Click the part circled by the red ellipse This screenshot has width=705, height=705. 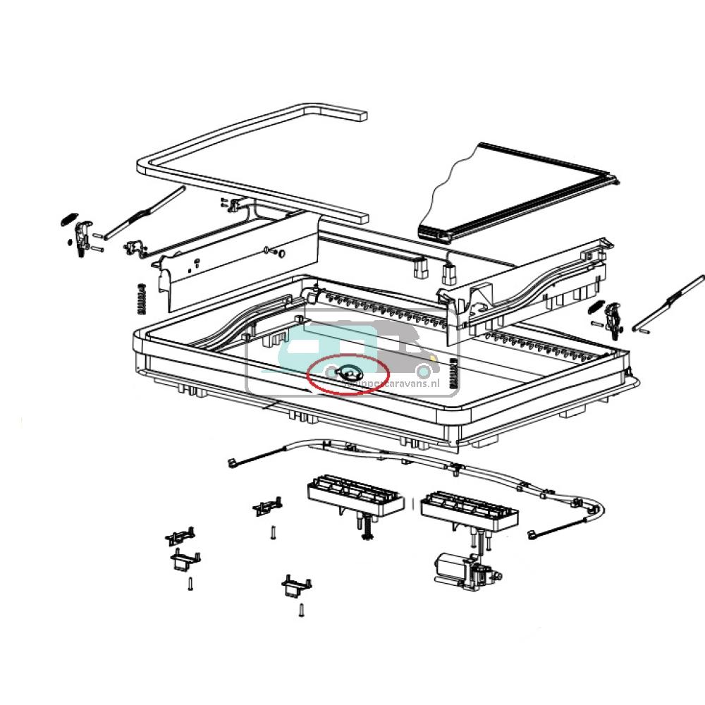(x=348, y=374)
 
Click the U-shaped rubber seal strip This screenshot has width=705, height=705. (x=254, y=162)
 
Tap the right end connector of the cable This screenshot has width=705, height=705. (x=534, y=537)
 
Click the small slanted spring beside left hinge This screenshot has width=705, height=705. (x=67, y=219)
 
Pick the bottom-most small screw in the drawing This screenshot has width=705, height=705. (x=301, y=611)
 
